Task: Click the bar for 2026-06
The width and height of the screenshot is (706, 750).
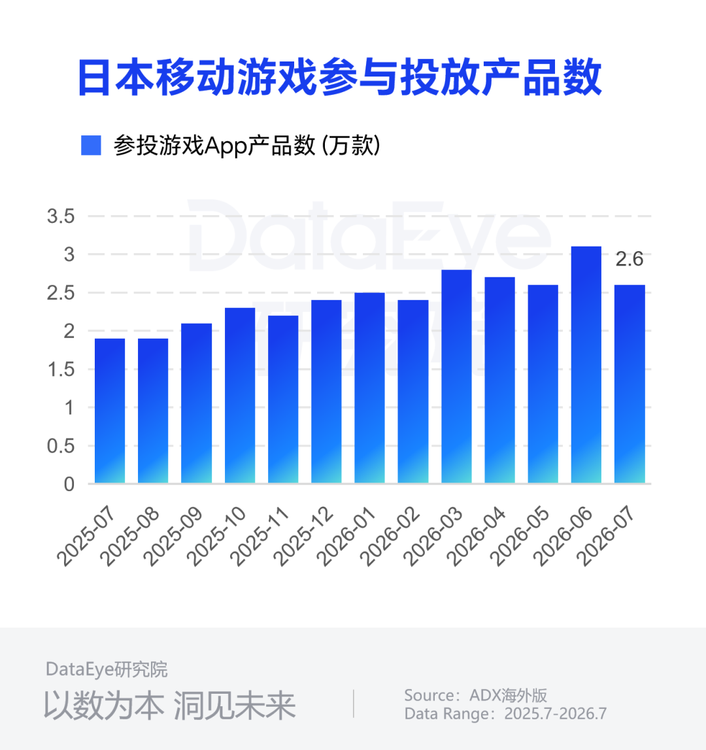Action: pyautogui.click(x=586, y=364)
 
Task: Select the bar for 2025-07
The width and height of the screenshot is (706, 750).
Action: pyautogui.click(x=110, y=411)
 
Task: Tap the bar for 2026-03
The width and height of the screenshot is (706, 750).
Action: pyautogui.click(x=456, y=377)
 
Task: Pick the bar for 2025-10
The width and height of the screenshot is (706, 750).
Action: pyautogui.click(x=240, y=396)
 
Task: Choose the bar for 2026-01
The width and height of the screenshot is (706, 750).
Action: pyautogui.click(x=370, y=388)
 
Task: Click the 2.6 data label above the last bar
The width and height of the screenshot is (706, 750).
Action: pyautogui.click(x=629, y=259)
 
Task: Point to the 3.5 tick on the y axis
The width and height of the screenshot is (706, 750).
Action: pyautogui.click(x=61, y=216)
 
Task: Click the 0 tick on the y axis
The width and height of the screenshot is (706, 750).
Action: pyautogui.click(x=69, y=484)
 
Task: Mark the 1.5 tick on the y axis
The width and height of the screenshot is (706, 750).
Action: pyautogui.click(x=61, y=369)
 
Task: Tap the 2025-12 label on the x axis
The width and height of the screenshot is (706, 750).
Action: pyautogui.click(x=304, y=536)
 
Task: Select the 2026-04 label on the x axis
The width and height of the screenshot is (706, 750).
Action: pyautogui.click(x=477, y=536)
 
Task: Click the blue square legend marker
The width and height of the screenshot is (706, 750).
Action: pyautogui.click(x=91, y=145)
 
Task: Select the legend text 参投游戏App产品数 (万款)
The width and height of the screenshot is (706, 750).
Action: pyautogui.click(x=247, y=145)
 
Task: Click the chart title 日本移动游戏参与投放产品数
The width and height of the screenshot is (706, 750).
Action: pyautogui.click(x=340, y=77)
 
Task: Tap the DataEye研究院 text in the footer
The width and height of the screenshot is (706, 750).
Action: pyautogui.click(x=107, y=669)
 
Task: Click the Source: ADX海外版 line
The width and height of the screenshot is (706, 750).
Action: pyautogui.click(x=475, y=695)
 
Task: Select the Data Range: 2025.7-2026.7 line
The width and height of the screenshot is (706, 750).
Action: pyautogui.click(x=505, y=713)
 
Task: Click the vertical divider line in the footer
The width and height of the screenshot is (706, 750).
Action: pyautogui.click(x=354, y=704)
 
